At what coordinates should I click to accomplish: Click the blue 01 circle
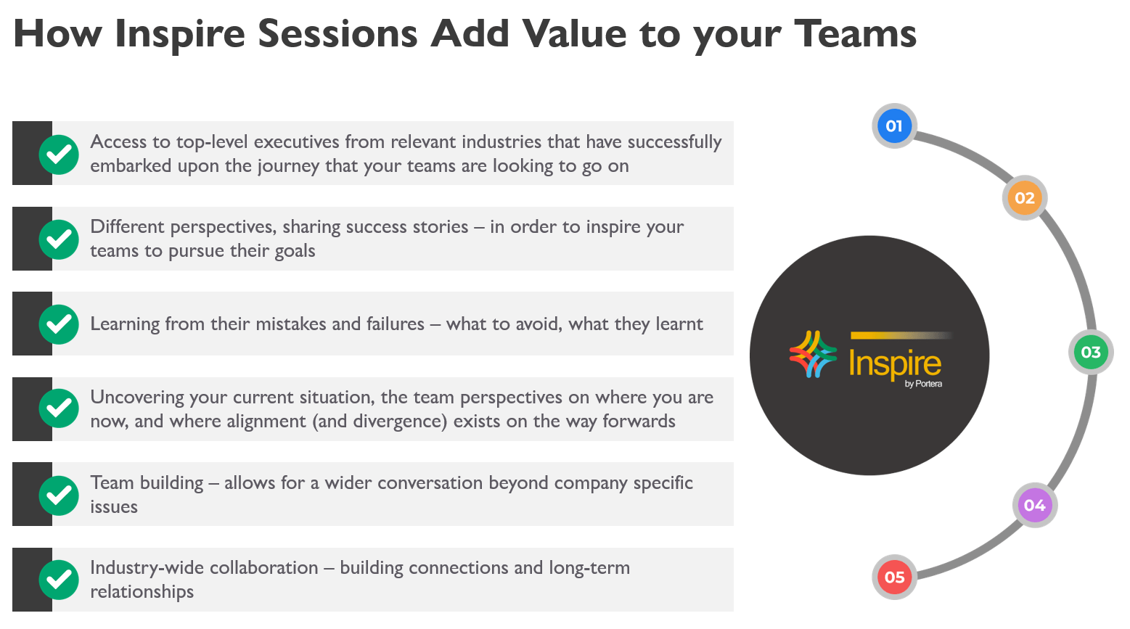click(894, 126)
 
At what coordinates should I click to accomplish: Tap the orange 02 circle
click(1025, 198)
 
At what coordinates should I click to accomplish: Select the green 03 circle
click(1091, 352)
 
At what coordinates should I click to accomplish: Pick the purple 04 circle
click(1035, 505)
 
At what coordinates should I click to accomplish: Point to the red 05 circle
click(894, 577)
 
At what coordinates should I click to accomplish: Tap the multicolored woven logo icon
click(813, 354)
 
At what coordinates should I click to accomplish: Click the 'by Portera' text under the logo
click(923, 384)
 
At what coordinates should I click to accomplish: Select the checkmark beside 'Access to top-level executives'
click(59, 155)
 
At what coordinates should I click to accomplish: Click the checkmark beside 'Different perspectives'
click(59, 239)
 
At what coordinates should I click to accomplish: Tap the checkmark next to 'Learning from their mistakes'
click(59, 324)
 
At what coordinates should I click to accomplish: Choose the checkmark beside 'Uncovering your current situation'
click(59, 408)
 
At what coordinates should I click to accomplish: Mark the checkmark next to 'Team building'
click(59, 496)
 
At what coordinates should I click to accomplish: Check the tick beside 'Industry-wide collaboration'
click(59, 580)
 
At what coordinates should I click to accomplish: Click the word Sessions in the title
click(337, 33)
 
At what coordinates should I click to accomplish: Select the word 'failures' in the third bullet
click(396, 324)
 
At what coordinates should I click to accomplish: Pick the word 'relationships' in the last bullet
click(142, 592)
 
